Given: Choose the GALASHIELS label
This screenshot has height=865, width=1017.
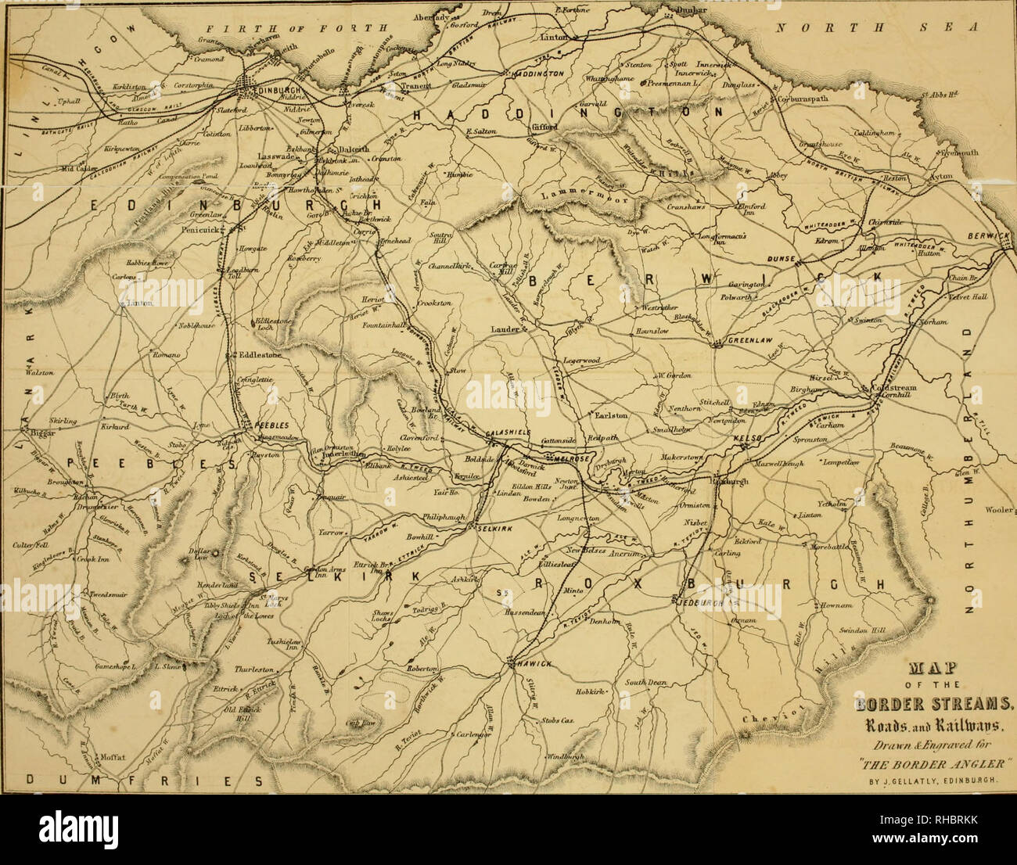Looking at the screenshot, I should tap(508, 433).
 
